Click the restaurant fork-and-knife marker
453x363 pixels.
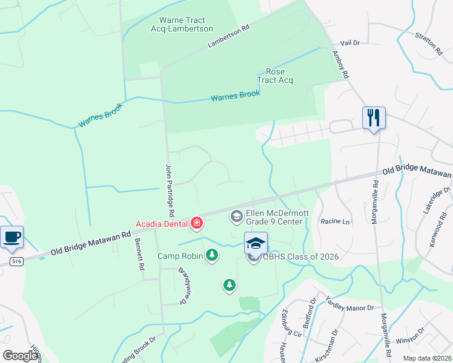374,117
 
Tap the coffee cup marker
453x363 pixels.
12,236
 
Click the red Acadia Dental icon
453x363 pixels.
197,224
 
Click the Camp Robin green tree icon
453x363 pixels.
212,255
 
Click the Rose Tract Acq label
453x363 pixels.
275,76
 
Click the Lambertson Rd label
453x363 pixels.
228,36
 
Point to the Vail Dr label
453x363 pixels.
350,44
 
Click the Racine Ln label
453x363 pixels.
336,221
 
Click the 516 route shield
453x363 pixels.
16,261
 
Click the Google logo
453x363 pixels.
20,356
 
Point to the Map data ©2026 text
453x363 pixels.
426,358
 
